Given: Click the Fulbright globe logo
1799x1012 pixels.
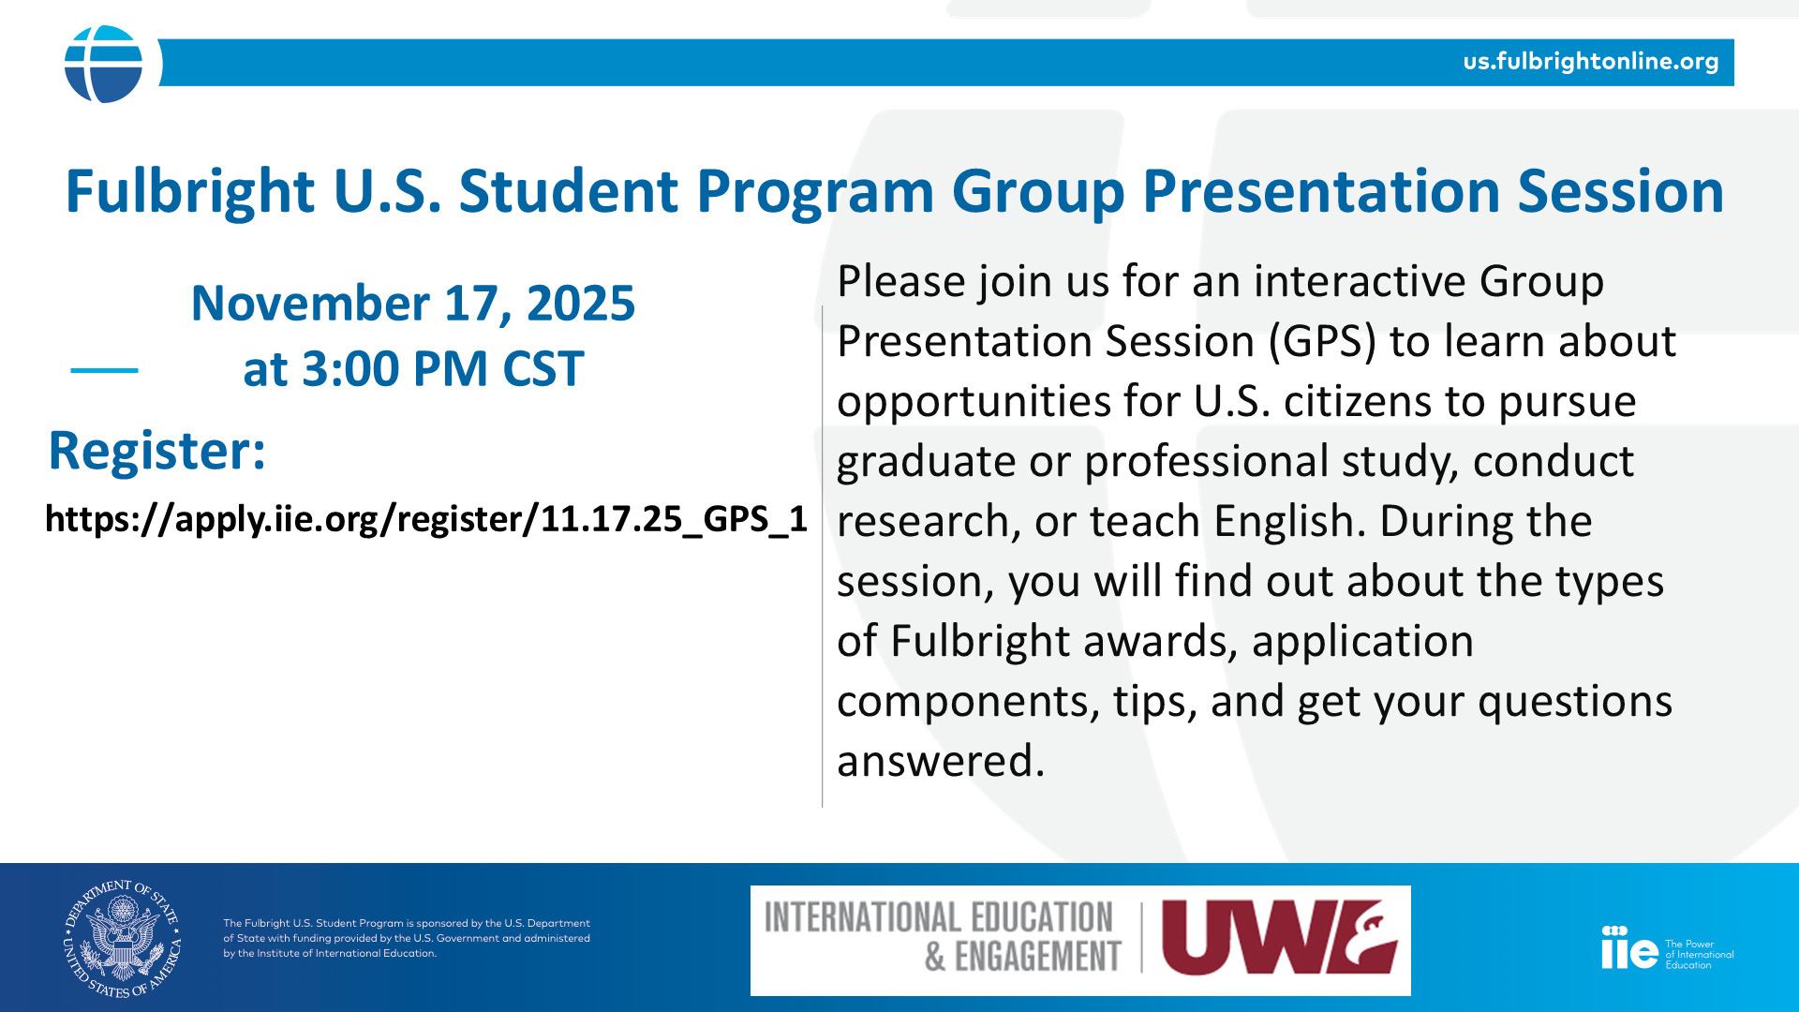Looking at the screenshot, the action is coord(103,64).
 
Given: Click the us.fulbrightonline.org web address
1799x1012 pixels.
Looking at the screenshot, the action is coord(1591,62).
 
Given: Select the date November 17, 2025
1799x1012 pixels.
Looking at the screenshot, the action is coord(413,304).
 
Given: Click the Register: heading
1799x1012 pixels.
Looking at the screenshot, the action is coord(157,451).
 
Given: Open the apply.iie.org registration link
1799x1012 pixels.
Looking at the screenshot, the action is coord(426,519).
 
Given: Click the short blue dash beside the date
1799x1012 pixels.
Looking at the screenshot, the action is coord(104,370).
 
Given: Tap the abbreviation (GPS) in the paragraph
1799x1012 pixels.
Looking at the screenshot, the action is coord(1322,341).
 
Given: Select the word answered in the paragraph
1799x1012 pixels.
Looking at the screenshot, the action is coord(941,761).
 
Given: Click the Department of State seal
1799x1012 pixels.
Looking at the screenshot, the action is coord(123,938).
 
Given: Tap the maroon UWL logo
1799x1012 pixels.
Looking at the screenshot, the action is coord(1280,938).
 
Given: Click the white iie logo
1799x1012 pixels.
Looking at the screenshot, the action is coord(1629,947).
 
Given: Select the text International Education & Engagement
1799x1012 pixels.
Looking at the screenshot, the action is coord(942,937).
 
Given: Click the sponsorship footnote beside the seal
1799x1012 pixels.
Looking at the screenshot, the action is coord(407,938).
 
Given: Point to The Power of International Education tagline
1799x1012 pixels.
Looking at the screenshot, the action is coord(1699,955).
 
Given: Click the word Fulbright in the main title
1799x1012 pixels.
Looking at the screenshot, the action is coord(190,192).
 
